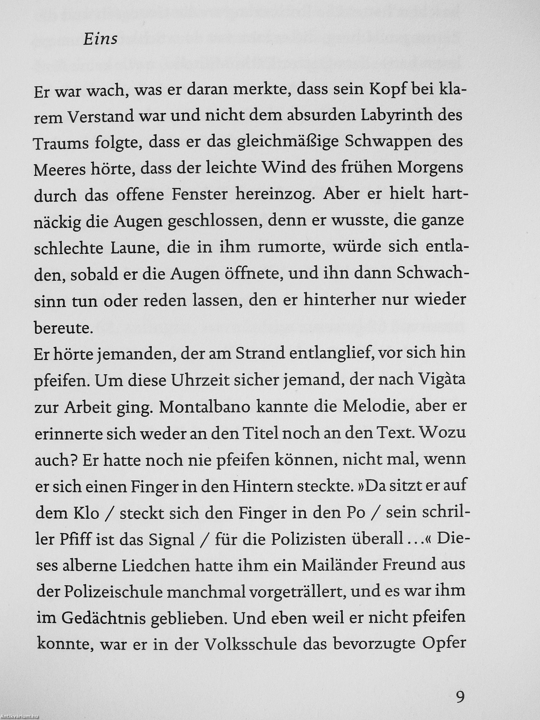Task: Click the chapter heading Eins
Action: (x=100, y=40)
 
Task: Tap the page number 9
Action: (x=460, y=695)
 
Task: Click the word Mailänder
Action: (x=340, y=566)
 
